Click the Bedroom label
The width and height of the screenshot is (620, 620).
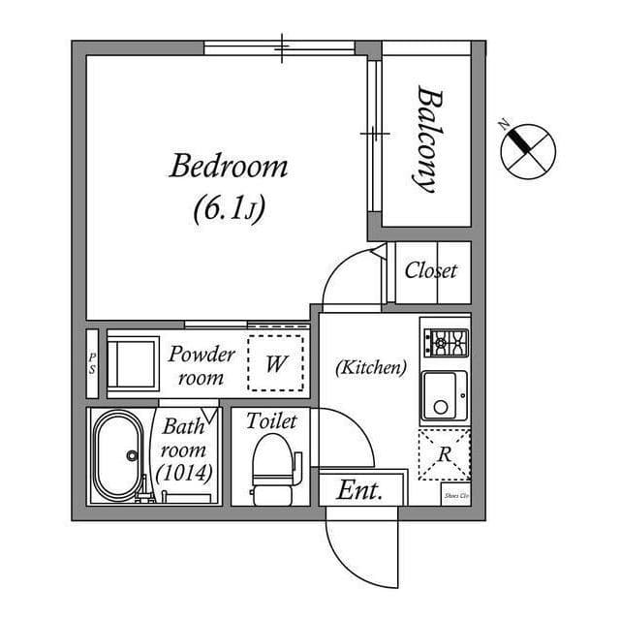pyautogui.click(x=229, y=167)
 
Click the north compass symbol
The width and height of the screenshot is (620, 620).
pyautogui.click(x=528, y=149)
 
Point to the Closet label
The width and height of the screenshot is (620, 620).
pyautogui.click(x=431, y=270)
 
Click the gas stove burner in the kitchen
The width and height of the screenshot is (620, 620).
pyautogui.click(x=446, y=340)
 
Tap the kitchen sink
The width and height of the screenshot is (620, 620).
pyautogui.click(x=444, y=396)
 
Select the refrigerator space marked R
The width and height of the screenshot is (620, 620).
pyautogui.click(x=444, y=453)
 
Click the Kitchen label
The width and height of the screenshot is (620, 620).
pyautogui.click(x=370, y=367)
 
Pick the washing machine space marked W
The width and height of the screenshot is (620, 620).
pyautogui.click(x=276, y=363)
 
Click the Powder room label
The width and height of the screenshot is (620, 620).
pyautogui.click(x=201, y=365)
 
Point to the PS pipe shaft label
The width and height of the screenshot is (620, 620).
pyautogui.click(x=92, y=363)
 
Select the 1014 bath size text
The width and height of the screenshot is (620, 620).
pyautogui.click(x=183, y=475)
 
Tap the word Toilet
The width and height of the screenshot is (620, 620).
pyautogui.click(x=271, y=421)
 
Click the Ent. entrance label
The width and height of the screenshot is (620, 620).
pyautogui.click(x=359, y=490)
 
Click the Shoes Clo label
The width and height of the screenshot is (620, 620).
pyautogui.click(x=455, y=496)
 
